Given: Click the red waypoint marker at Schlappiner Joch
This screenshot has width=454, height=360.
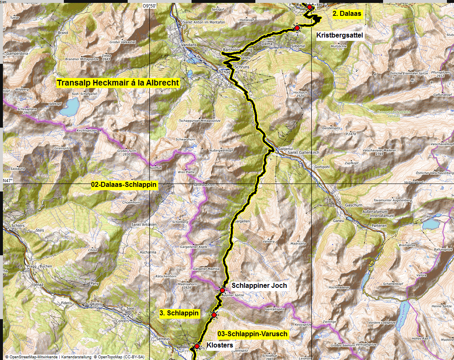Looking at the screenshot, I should click(x=222, y=290).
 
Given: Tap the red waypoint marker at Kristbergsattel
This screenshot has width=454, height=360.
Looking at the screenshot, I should click(x=297, y=28).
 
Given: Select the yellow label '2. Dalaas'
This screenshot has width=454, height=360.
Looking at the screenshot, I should click(x=346, y=13).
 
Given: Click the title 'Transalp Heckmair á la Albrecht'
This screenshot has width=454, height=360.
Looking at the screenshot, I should click(x=118, y=83).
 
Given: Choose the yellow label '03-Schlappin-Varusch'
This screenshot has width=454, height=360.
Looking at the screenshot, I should click(x=253, y=335).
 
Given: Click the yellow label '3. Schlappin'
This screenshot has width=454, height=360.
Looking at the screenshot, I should click(x=179, y=313).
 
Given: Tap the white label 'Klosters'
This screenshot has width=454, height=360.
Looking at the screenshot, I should click(x=220, y=345).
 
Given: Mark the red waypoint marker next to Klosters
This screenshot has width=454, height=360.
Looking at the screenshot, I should click(x=197, y=346).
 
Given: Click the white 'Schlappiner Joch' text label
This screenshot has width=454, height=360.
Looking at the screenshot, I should click(x=259, y=285).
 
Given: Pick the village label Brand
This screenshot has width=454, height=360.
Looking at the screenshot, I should click(x=63, y=33).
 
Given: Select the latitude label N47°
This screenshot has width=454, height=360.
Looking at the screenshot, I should click(x=8, y=181).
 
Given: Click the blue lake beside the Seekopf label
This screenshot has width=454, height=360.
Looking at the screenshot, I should click(x=70, y=108).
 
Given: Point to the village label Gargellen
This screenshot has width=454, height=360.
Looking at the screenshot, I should click(x=243, y=221).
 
